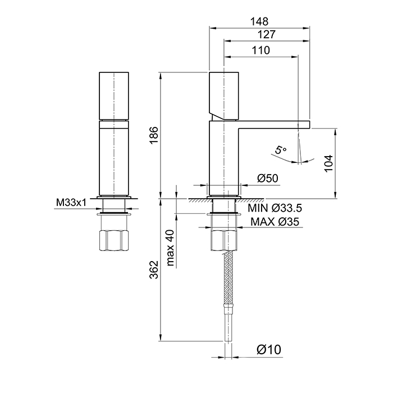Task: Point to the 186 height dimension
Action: click(x=154, y=135)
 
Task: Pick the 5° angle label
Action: click(x=280, y=150)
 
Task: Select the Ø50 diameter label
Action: click(x=268, y=179)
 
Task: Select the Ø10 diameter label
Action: click(x=269, y=350)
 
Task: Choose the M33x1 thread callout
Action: click(x=70, y=202)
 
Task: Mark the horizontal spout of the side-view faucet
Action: click(x=275, y=124)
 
